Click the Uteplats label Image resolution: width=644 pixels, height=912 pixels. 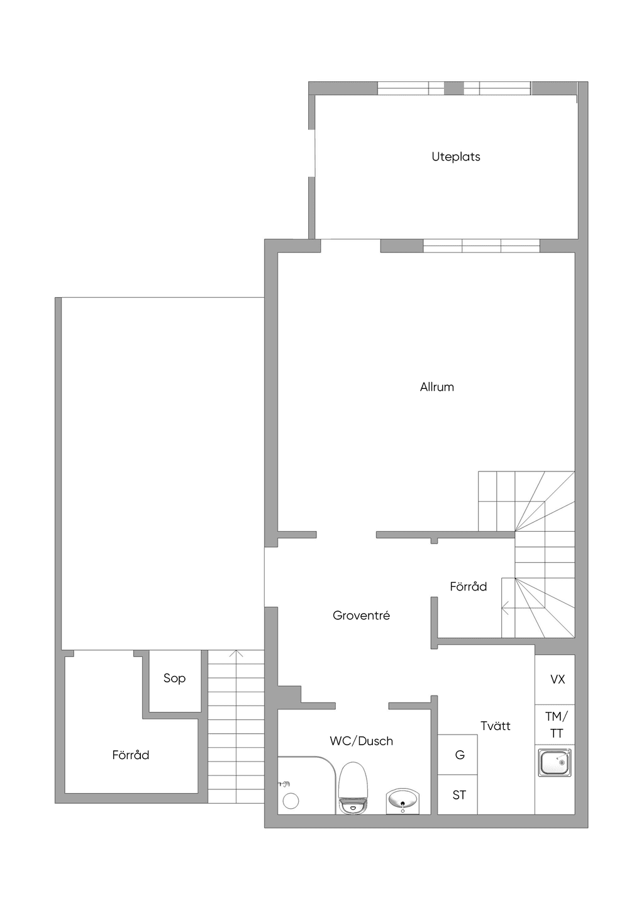455,157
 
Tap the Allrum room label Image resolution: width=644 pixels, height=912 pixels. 437,387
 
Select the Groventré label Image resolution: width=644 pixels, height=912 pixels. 361,615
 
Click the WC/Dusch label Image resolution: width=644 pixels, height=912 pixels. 361,741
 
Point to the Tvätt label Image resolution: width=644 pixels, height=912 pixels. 495,726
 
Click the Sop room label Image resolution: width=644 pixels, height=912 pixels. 175,678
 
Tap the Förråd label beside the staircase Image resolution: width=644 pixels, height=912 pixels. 469,587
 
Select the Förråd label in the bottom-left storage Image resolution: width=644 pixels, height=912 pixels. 131,755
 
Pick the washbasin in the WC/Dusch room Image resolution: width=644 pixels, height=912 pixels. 402,801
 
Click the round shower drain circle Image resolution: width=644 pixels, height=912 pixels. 291,801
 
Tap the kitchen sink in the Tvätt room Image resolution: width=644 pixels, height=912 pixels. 555,762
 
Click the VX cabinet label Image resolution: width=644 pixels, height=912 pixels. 557,679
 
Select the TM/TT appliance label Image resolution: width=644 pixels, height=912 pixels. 557,724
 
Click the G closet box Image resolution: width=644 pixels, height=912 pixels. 457,755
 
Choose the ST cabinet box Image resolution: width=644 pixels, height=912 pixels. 457,794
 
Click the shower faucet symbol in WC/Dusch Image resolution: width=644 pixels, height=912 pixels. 284,784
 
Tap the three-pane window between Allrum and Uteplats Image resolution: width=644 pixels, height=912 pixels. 481,246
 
